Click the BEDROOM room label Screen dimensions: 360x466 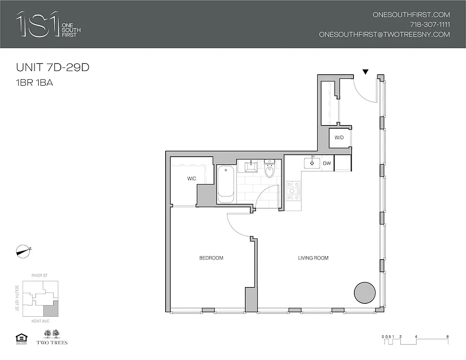coord(211,258)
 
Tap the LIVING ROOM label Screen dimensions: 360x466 coord(313,258)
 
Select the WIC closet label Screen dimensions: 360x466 coord(192,179)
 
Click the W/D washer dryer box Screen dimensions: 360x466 coord(339,138)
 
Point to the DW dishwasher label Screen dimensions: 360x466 coord(327,163)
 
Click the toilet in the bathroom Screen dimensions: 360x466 coord(270,169)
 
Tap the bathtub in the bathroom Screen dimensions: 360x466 coord(225,184)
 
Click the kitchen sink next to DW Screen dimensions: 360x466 coord(312,162)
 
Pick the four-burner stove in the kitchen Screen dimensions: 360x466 coord(293,191)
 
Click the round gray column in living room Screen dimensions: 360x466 coord(365,293)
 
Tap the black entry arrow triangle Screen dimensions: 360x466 coord(366,72)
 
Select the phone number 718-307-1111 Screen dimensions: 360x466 coord(430,24)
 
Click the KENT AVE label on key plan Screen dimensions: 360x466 coord(41,321)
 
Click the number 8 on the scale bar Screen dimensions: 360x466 coord(447,336)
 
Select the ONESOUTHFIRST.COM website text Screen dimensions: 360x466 coord(411,14)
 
